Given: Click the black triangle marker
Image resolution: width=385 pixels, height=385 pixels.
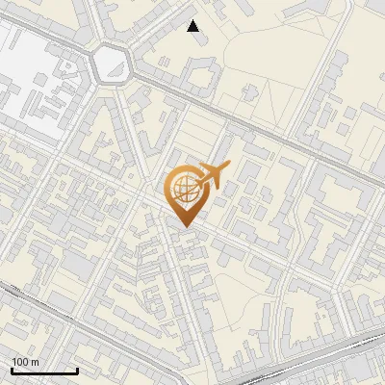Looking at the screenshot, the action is tap(193, 26).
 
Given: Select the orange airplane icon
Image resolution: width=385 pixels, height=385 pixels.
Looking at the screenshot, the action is tap(212, 176).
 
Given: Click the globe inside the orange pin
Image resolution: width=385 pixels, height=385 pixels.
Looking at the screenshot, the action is tap(182, 189).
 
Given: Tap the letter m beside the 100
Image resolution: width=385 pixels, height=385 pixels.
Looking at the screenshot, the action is tap(35, 362).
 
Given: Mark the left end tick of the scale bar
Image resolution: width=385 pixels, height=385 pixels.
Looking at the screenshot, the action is tap(12, 370).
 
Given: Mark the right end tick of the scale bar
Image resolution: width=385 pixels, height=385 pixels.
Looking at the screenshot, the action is tap(77, 370).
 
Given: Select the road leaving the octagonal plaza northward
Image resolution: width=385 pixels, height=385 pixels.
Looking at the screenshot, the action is tap(102, 19).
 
